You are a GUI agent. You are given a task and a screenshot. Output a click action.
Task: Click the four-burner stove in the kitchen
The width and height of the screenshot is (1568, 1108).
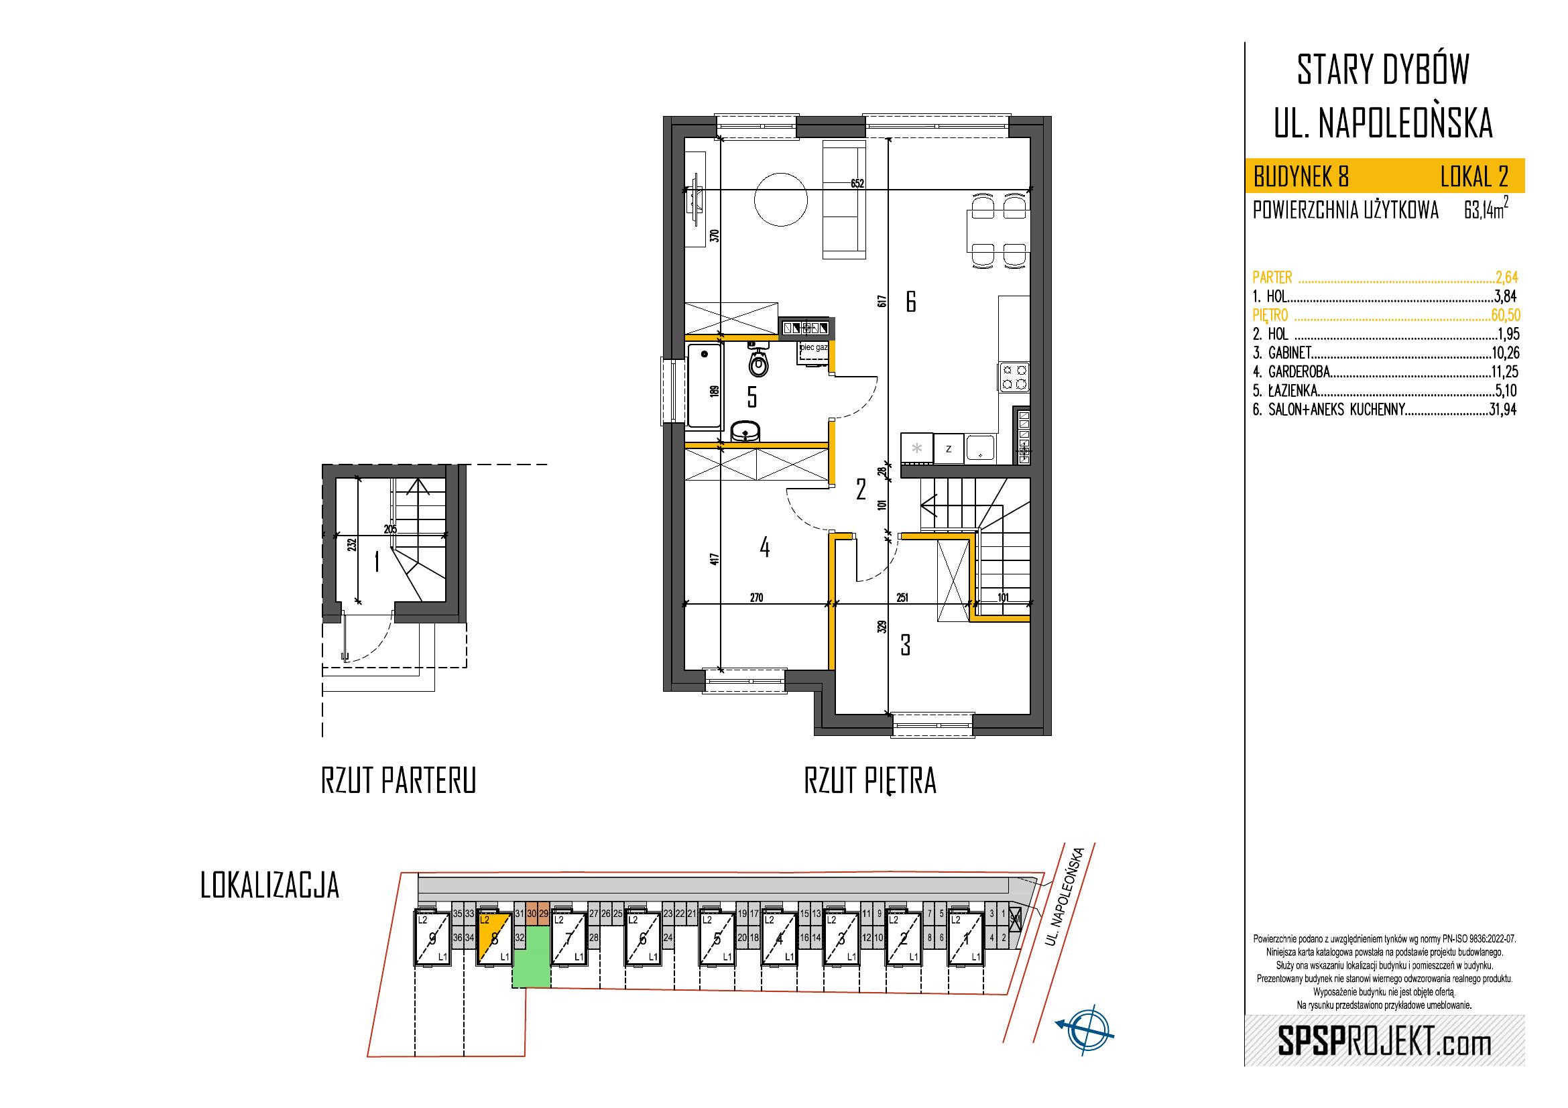(x=1014, y=377)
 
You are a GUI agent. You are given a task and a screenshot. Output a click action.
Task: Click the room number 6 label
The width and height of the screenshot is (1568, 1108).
(x=910, y=301)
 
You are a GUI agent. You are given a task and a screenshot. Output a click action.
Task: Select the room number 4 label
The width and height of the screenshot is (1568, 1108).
(x=765, y=547)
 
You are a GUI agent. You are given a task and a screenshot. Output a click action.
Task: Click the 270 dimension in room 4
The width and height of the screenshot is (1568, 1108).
(x=756, y=598)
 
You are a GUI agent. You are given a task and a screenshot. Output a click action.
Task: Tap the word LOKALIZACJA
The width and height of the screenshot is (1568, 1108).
(x=269, y=886)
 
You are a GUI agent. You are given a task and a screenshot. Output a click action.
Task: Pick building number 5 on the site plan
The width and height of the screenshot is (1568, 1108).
(x=717, y=938)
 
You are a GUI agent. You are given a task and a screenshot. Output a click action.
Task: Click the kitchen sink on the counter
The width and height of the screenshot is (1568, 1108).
(x=980, y=449)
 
